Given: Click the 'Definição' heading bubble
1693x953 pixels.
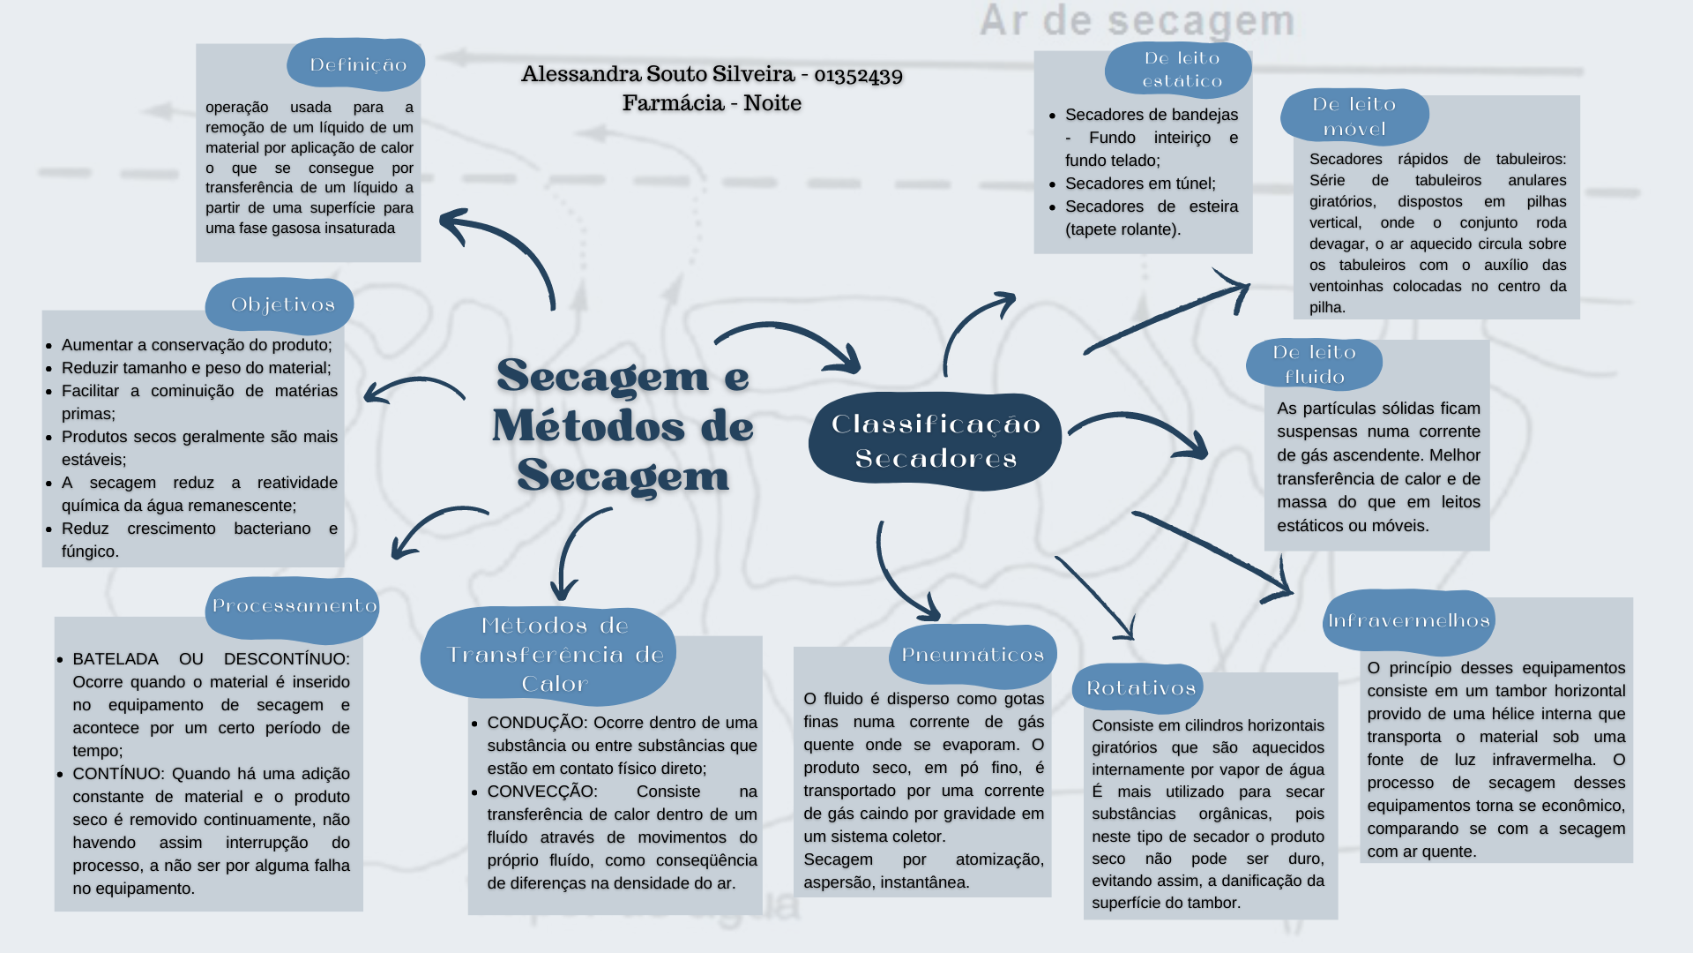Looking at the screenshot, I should pyautogui.click(x=356, y=64).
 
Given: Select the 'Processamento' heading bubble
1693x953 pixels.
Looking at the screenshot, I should pyautogui.click(x=293, y=606).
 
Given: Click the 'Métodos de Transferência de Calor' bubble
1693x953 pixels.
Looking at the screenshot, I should pyautogui.click(x=552, y=655).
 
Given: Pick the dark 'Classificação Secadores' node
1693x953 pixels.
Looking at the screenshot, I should pyautogui.click(x=935, y=441).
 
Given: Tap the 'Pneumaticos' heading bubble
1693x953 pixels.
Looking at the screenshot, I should pyautogui.click(x=972, y=655).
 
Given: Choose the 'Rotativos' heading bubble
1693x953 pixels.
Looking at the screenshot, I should pyautogui.click(x=1139, y=688).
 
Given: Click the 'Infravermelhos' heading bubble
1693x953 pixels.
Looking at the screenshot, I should pyautogui.click(x=1408, y=620).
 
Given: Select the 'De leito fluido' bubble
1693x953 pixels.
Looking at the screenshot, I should pyautogui.click(x=1314, y=364).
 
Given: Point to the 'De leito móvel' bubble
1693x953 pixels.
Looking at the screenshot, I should pyautogui.click(x=1354, y=116).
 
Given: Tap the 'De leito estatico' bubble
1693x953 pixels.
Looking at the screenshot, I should pyautogui.click(x=1180, y=70).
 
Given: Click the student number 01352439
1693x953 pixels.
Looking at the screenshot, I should pyautogui.click(x=858, y=74).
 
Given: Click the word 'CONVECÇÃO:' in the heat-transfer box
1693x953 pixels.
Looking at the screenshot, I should pyautogui.click(x=541, y=792).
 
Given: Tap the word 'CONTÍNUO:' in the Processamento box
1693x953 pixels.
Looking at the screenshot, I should pyautogui.click(x=117, y=774).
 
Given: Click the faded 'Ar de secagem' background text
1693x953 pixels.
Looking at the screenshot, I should pyautogui.click(x=1137, y=21).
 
